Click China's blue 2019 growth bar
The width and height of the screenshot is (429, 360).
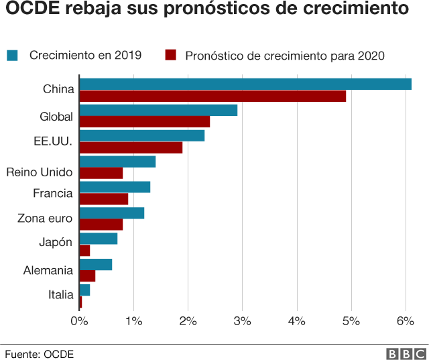245,84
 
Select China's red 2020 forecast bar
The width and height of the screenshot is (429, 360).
212,96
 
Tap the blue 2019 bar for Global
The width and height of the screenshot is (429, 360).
158,110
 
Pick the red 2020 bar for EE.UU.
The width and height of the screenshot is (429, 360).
131,147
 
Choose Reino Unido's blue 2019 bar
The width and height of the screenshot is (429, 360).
117,162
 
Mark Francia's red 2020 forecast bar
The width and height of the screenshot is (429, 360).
104,199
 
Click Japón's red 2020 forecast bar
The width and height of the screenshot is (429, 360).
84,250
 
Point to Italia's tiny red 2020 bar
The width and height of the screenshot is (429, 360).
80,302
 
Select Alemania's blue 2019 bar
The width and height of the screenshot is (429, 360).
96,264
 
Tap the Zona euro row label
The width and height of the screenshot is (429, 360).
45,219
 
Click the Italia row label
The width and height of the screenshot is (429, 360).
61,295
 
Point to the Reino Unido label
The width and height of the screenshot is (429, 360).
40,172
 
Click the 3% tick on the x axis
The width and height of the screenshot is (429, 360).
243,321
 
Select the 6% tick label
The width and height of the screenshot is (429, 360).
406,321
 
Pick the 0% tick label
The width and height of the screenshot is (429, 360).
79,321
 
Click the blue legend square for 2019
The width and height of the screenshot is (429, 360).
12,55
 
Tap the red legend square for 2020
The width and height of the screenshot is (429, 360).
171,55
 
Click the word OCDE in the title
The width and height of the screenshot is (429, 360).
33,8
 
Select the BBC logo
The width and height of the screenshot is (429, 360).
406,354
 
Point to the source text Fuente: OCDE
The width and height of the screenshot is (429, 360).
40,354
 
